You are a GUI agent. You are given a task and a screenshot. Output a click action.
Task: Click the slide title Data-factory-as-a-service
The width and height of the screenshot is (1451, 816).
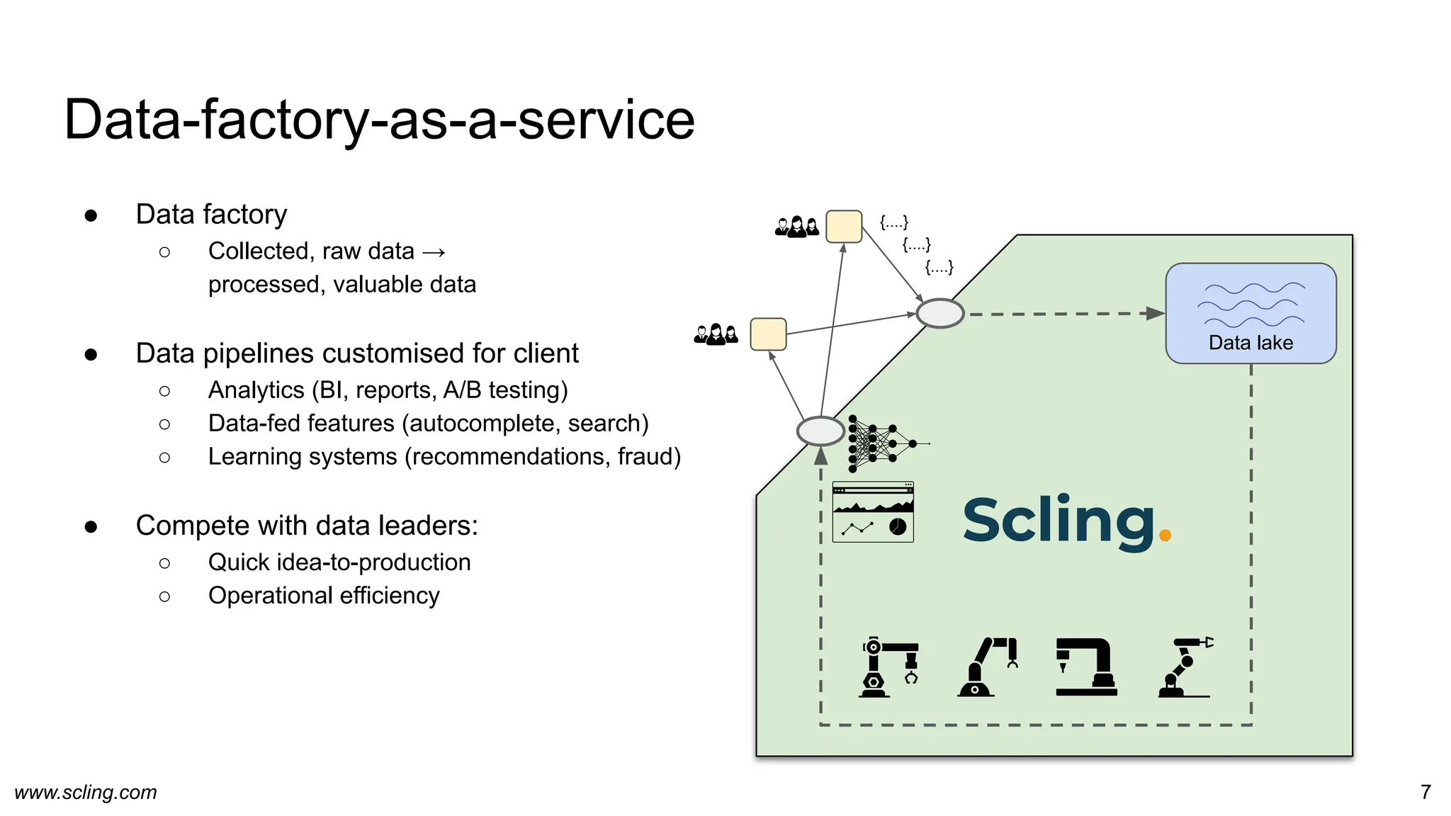(x=379, y=119)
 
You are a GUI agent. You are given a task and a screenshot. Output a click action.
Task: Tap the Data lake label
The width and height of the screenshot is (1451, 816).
(x=1250, y=343)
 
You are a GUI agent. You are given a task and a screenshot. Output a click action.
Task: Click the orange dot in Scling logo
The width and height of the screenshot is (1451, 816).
(x=1165, y=535)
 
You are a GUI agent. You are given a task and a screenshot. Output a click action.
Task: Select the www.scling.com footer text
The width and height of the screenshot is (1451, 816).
(x=86, y=792)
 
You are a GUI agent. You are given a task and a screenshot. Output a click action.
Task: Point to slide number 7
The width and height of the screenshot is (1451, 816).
(x=1425, y=792)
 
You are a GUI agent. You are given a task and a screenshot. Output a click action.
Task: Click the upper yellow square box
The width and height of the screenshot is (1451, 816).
(x=844, y=227)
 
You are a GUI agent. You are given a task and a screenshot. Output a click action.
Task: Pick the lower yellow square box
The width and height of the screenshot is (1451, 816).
(x=768, y=334)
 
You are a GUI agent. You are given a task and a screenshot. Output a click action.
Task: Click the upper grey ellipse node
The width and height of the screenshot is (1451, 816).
(x=940, y=313)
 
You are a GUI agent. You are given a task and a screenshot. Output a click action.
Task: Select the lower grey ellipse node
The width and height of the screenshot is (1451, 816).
(x=820, y=431)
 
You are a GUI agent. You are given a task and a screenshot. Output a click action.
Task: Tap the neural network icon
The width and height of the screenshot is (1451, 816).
(x=882, y=443)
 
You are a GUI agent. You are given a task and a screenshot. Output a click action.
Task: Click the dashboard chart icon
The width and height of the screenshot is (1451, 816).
(x=873, y=512)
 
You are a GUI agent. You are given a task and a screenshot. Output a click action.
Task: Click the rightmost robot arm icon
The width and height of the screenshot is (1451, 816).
(x=1185, y=667)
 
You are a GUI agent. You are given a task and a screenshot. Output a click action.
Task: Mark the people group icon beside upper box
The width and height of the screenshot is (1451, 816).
(x=797, y=227)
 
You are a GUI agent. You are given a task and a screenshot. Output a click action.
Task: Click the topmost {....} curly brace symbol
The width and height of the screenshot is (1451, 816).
(x=893, y=222)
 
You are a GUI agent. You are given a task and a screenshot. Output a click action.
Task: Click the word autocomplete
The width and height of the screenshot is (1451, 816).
(x=485, y=424)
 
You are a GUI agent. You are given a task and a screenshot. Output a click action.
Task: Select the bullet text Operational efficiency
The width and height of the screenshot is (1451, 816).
(x=324, y=596)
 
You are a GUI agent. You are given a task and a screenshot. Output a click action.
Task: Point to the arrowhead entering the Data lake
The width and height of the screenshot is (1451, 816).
(x=1156, y=313)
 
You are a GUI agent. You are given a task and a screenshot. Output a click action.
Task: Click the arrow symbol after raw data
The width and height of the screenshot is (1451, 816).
(x=434, y=252)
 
